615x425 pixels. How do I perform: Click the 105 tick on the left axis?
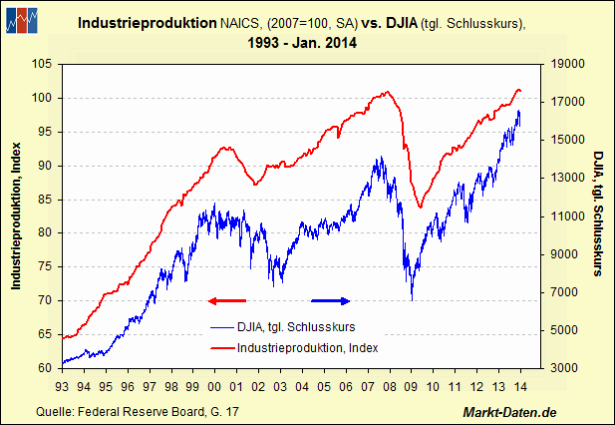[42, 64]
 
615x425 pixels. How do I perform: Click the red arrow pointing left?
[226, 299]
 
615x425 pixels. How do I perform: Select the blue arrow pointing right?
[331, 299]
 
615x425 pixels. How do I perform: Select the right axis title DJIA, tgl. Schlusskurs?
[598, 215]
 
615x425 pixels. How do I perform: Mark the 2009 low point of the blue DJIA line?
[412, 298]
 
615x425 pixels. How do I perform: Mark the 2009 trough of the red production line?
[420, 208]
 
